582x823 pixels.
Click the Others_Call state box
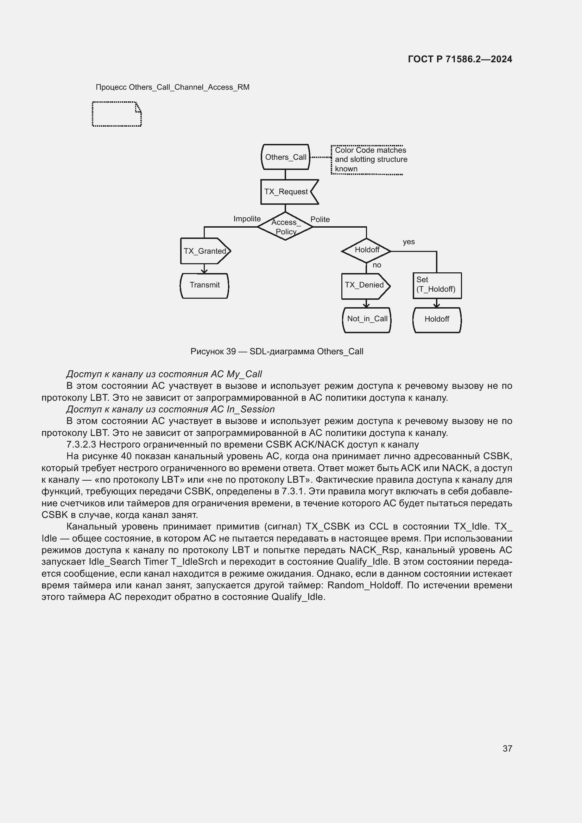click(285, 157)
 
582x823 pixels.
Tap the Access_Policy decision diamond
click(285, 227)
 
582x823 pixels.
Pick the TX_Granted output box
click(205, 251)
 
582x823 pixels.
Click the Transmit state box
click(204, 285)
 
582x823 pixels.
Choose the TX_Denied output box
click(365, 285)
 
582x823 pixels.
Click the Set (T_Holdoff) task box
click(437, 285)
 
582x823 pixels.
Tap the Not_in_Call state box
click(367, 319)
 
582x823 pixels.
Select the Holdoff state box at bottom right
click(437, 319)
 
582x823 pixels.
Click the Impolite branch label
click(247, 219)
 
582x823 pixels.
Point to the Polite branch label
click(320, 220)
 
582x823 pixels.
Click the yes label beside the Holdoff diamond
click(409, 242)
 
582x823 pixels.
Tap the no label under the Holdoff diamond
click(377, 265)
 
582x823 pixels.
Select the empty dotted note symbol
click(117, 114)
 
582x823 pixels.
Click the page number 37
click(507, 748)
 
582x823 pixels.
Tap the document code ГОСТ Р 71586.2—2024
click(460, 59)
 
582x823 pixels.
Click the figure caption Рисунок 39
click(277, 352)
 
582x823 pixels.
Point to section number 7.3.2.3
click(81, 445)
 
